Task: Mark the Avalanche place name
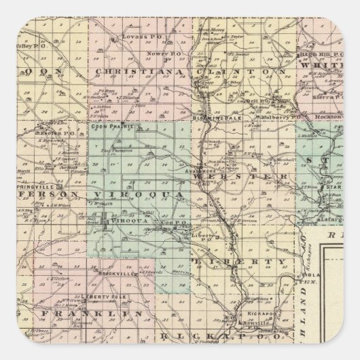click(201, 173)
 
